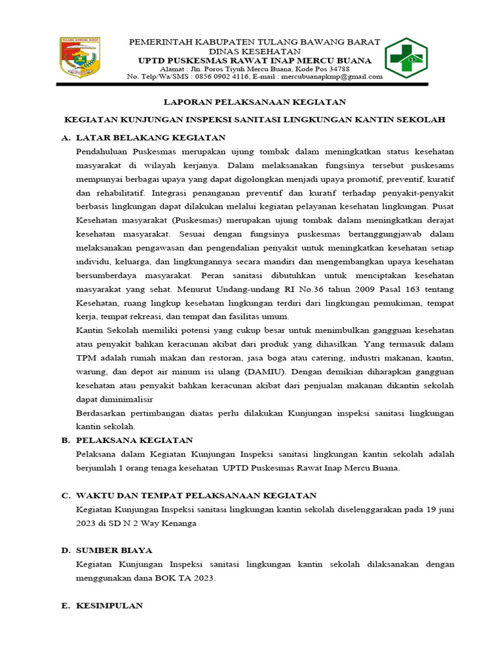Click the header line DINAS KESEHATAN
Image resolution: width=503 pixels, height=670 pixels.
pyautogui.click(x=255, y=51)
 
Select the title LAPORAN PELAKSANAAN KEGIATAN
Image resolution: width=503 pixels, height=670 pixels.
pyautogui.click(x=254, y=102)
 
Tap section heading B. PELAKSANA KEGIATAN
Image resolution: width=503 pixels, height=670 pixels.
pyautogui.click(x=127, y=440)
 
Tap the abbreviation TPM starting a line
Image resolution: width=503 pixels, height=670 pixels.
pyautogui.click(x=86, y=357)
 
